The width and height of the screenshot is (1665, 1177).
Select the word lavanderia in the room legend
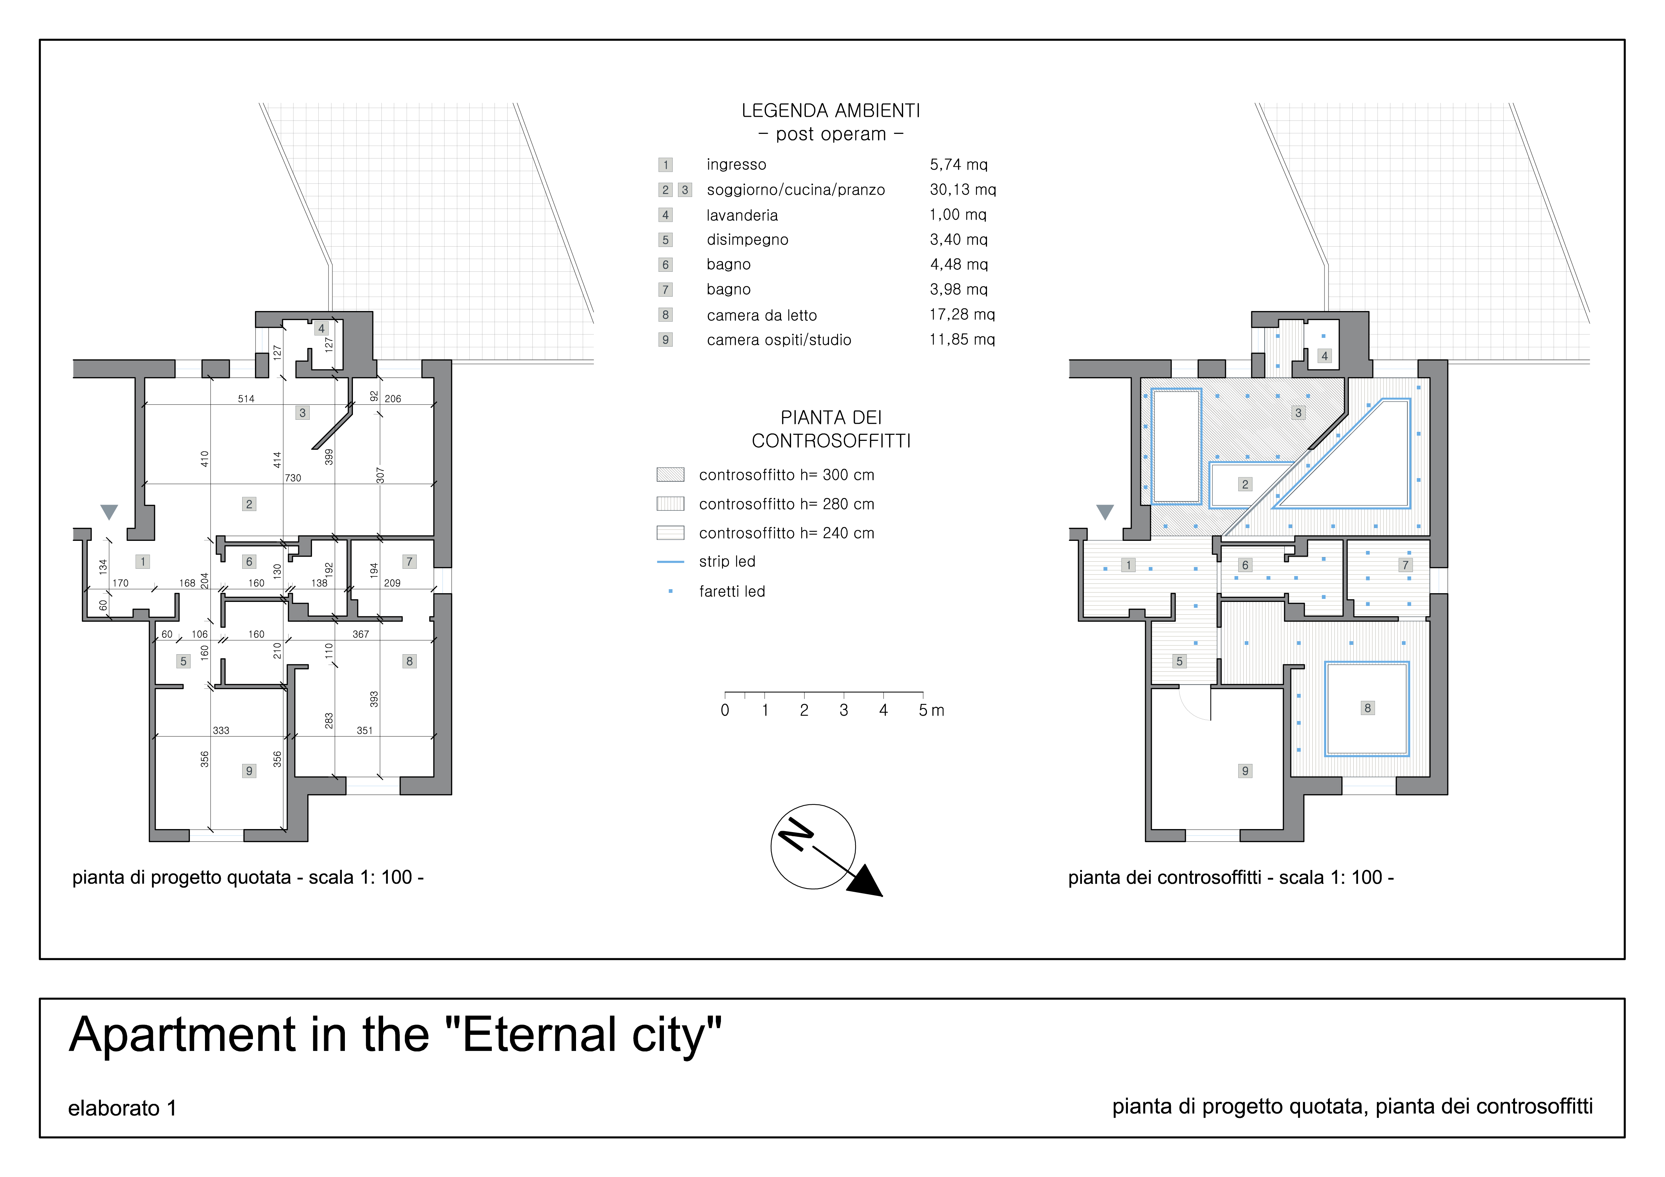(742, 215)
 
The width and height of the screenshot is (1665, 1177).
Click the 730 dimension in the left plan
(293, 478)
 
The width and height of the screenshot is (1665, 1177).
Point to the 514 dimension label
(246, 399)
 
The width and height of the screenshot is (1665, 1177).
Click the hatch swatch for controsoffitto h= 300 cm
(670, 475)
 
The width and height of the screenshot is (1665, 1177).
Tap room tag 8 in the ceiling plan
(1368, 708)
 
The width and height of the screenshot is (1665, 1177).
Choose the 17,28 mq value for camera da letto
(962, 315)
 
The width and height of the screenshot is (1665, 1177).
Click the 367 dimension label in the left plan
(360, 634)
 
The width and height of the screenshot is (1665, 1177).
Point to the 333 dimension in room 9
(221, 731)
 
